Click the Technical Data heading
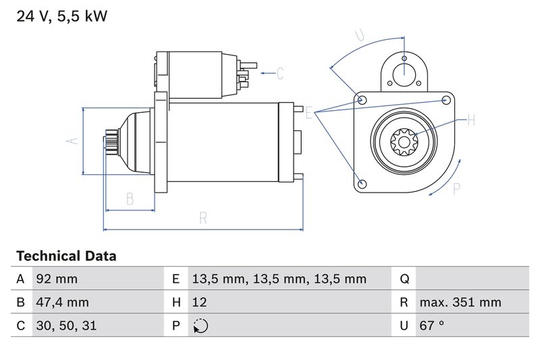pos(66,256)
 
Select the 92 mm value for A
pos(57,279)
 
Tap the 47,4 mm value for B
pos(62,302)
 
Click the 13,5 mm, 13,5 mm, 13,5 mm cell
pos(279,279)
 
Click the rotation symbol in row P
pos(200,326)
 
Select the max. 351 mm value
pos(460,302)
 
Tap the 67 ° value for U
pos(431,326)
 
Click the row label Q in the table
pos(404,279)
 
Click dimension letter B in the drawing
pos(130,199)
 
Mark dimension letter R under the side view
pos(202,217)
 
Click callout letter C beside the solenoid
pos(280,73)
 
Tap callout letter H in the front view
pos(471,121)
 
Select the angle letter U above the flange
pos(360,34)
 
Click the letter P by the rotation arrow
pos(456,190)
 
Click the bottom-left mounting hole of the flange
pos(362,183)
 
